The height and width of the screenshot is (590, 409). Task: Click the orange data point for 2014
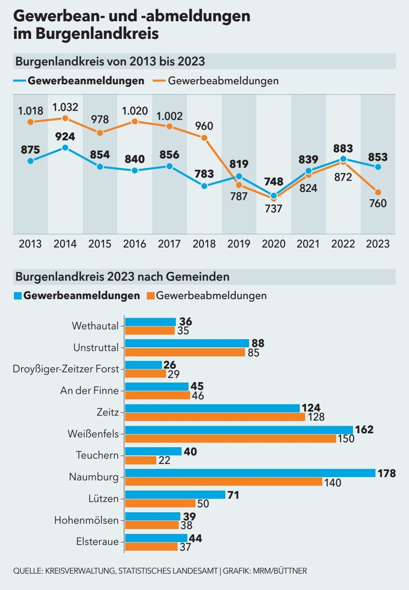pyautogui.click(x=65, y=118)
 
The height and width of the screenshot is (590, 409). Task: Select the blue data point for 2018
pyautogui.click(x=204, y=186)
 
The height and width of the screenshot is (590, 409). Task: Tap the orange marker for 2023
pyautogui.click(x=378, y=192)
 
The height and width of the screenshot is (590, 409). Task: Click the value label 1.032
pyautogui.click(x=65, y=107)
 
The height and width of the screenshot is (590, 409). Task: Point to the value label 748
pyautogui.click(x=274, y=181)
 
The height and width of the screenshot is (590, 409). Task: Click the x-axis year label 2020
pyautogui.click(x=274, y=244)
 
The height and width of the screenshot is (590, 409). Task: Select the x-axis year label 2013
pyautogui.click(x=30, y=244)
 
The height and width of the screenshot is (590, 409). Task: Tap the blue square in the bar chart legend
pyautogui.click(x=18, y=296)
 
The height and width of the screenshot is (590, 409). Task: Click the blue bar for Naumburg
pyautogui.click(x=250, y=473)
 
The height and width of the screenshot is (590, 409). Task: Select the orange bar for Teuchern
pyautogui.click(x=141, y=460)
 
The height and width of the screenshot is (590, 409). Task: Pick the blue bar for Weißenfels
pyautogui.click(x=239, y=430)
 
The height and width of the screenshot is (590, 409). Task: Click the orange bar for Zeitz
pyautogui.click(x=216, y=417)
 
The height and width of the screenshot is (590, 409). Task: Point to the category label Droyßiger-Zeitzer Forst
pyautogui.click(x=66, y=369)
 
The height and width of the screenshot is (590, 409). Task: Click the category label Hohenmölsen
pyautogui.click(x=86, y=520)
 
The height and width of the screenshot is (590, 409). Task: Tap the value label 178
pyautogui.click(x=387, y=473)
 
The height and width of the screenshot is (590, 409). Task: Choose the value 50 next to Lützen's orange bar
pyautogui.click(x=203, y=504)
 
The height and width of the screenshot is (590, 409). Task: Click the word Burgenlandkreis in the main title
pyautogui.click(x=97, y=34)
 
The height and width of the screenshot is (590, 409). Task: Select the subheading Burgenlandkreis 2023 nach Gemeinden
pyautogui.click(x=122, y=277)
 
